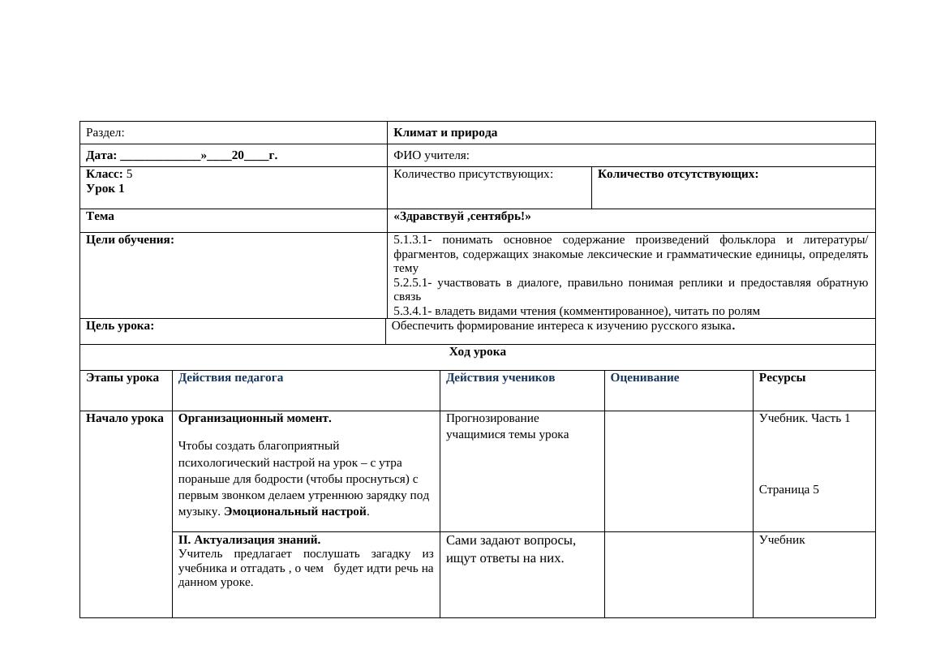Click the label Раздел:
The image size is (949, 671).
click(105, 133)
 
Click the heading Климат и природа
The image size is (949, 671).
click(445, 133)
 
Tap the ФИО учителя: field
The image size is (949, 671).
click(432, 156)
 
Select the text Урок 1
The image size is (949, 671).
click(105, 189)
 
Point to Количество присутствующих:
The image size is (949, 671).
click(473, 174)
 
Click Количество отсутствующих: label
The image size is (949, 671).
click(678, 174)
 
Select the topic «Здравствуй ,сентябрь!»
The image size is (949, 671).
click(462, 217)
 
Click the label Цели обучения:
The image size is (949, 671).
click(130, 240)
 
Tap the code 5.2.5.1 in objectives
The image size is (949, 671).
click(411, 283)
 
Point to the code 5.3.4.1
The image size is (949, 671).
click(411, 312)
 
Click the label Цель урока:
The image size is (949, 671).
click(120, 326)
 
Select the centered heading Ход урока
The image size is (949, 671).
click(478, 352)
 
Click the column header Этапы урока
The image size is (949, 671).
click(122, 378)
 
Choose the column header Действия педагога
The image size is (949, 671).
click(230, 378)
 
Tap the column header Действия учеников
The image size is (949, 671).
click(500, 378)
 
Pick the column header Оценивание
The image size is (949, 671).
click(645, 378)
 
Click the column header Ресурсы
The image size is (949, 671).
click(782, 378)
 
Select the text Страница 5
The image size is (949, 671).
click(789, 490)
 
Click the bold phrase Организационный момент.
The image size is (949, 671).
click(255, 419)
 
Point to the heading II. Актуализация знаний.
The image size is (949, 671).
click(249, 540)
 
